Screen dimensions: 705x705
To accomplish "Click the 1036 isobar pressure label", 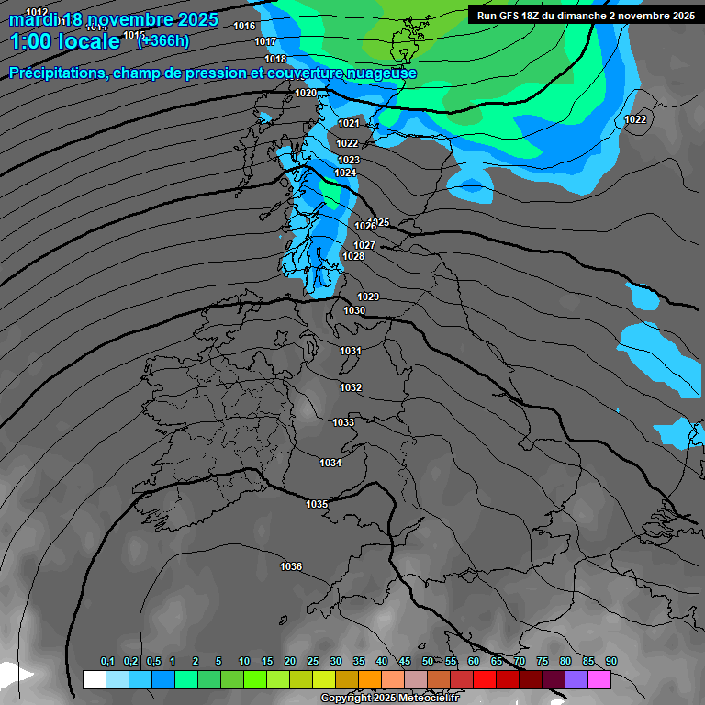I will (291, 566).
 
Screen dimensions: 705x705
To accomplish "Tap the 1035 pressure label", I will (317, 504).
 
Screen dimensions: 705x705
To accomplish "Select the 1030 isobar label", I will (354, 310).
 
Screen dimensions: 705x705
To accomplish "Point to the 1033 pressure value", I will (343, 422).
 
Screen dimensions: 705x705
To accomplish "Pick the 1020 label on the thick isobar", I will (306, 93).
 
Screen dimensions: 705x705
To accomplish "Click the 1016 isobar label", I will (244, 26).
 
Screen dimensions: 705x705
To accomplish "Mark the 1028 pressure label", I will (353, 256).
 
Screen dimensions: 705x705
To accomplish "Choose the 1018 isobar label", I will (275, 59).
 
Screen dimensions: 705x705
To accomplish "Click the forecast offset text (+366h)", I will (163, 40).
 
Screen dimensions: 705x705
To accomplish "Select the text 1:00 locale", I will (64, 41).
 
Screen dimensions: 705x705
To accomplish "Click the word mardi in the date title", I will (32, 19).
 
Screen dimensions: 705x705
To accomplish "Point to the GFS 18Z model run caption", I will (586, 16).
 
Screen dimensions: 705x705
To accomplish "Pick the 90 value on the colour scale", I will (611, 661).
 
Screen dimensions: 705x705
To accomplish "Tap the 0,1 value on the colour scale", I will (107, 661).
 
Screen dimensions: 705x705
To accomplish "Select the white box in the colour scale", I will (94, 679).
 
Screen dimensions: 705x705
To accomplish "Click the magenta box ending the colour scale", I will (599, 679).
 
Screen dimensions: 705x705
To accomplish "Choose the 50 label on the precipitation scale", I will (428, 661).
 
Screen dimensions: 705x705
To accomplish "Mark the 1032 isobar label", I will (351, 387).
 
